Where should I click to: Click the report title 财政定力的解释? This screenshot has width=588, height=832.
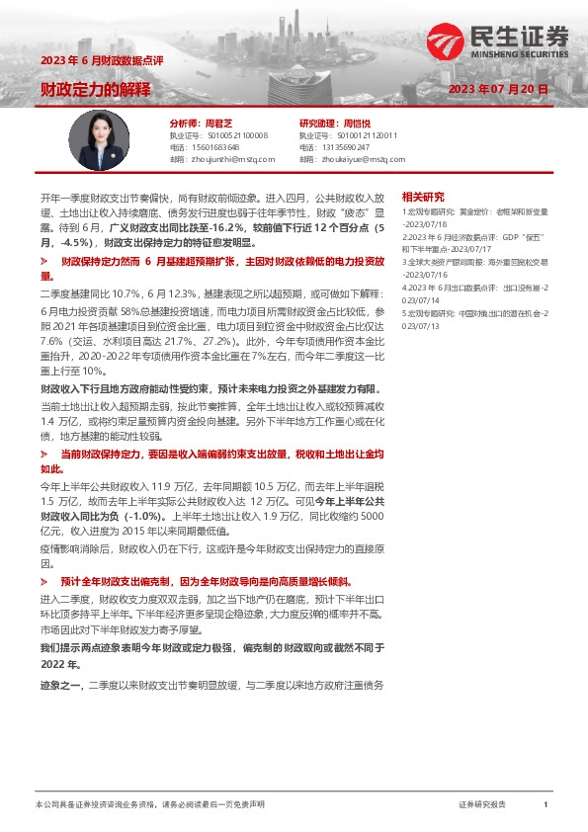tap(96, 89)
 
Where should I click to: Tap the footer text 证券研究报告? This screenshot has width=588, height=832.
tap(483, 805)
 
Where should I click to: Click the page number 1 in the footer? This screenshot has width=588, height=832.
tap(545, 805)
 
